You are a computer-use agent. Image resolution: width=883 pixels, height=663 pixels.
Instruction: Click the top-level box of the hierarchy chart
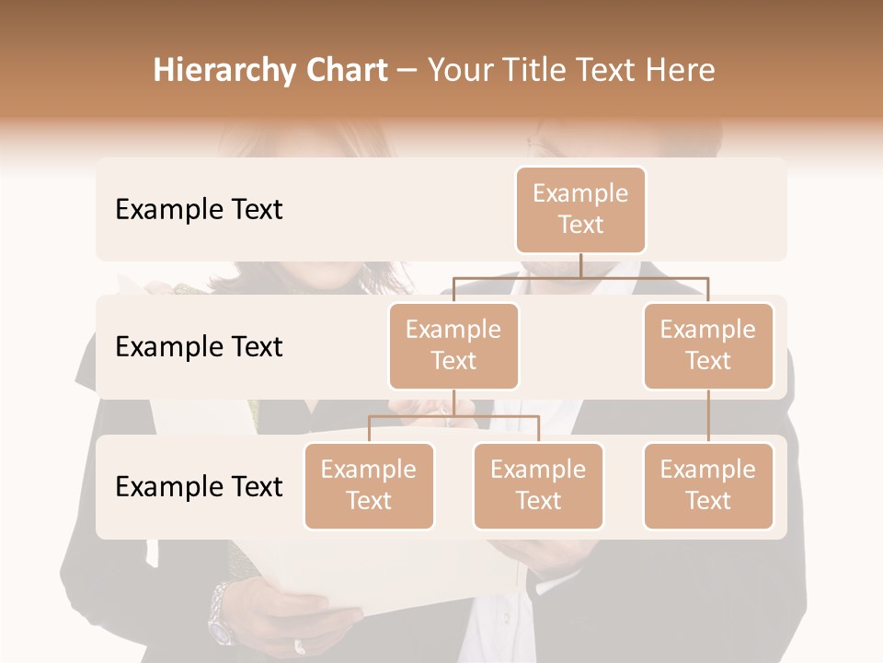point(580,209)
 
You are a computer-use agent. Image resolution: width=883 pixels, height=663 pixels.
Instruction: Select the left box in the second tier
point(453,345)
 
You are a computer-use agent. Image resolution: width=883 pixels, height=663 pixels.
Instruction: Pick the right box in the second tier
point(708,345)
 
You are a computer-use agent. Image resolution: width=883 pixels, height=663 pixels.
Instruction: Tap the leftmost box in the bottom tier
point(369,485)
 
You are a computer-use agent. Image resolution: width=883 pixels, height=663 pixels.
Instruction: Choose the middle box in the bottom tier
point(538,485)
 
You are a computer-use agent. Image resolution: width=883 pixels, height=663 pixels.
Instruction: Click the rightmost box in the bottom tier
point(708,485)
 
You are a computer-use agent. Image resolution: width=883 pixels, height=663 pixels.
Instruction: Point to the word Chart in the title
point(345,70)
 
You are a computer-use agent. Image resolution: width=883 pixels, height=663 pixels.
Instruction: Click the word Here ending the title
point(681,70)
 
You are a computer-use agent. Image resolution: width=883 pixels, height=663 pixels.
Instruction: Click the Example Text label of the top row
point(199,210)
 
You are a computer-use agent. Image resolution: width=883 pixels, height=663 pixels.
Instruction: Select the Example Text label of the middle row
point(199,347)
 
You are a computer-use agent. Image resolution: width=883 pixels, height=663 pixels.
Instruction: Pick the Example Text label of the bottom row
point(199,486)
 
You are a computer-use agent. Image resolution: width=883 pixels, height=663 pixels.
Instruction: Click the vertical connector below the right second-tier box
point(708,416)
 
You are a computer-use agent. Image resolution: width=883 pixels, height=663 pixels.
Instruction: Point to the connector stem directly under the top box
point(580,265)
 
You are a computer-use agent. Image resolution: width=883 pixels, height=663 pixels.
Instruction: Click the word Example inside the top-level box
point(580,193)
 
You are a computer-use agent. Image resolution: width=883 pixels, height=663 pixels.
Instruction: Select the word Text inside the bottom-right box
point(708,501)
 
